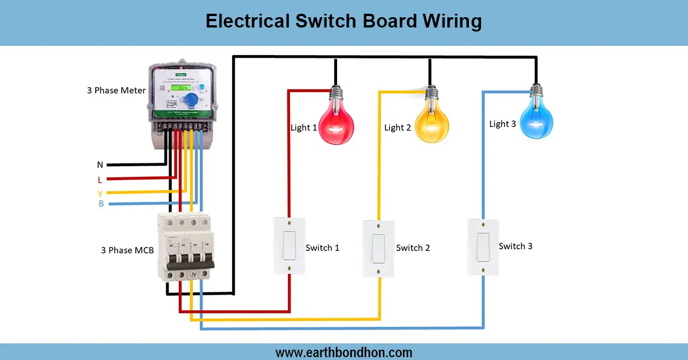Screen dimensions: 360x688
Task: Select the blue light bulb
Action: tap(537, 118)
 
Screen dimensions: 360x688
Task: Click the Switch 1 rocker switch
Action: tap(289, 246)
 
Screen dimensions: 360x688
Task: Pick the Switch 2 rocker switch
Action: tap(378, 248)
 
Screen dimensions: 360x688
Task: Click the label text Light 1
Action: tap(304, 127)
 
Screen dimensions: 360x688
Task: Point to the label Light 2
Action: tap(397, 127)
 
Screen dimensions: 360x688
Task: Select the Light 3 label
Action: tap(502, 124)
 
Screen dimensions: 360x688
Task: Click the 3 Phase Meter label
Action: tap(116, 91)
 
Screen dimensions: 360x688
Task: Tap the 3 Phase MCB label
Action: tap(127, 250)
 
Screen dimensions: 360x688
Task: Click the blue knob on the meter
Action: tap(193, 100)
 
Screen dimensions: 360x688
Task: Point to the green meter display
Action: tap(183, 89)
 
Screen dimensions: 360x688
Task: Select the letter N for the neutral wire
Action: tap(100, 165)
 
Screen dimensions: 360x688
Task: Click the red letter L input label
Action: tap(100, 179)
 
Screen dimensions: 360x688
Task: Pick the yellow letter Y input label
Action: tap(100, 193)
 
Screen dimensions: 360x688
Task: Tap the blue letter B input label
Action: tap(101, 204)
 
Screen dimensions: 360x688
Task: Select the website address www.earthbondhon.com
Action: tap(343, 352)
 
